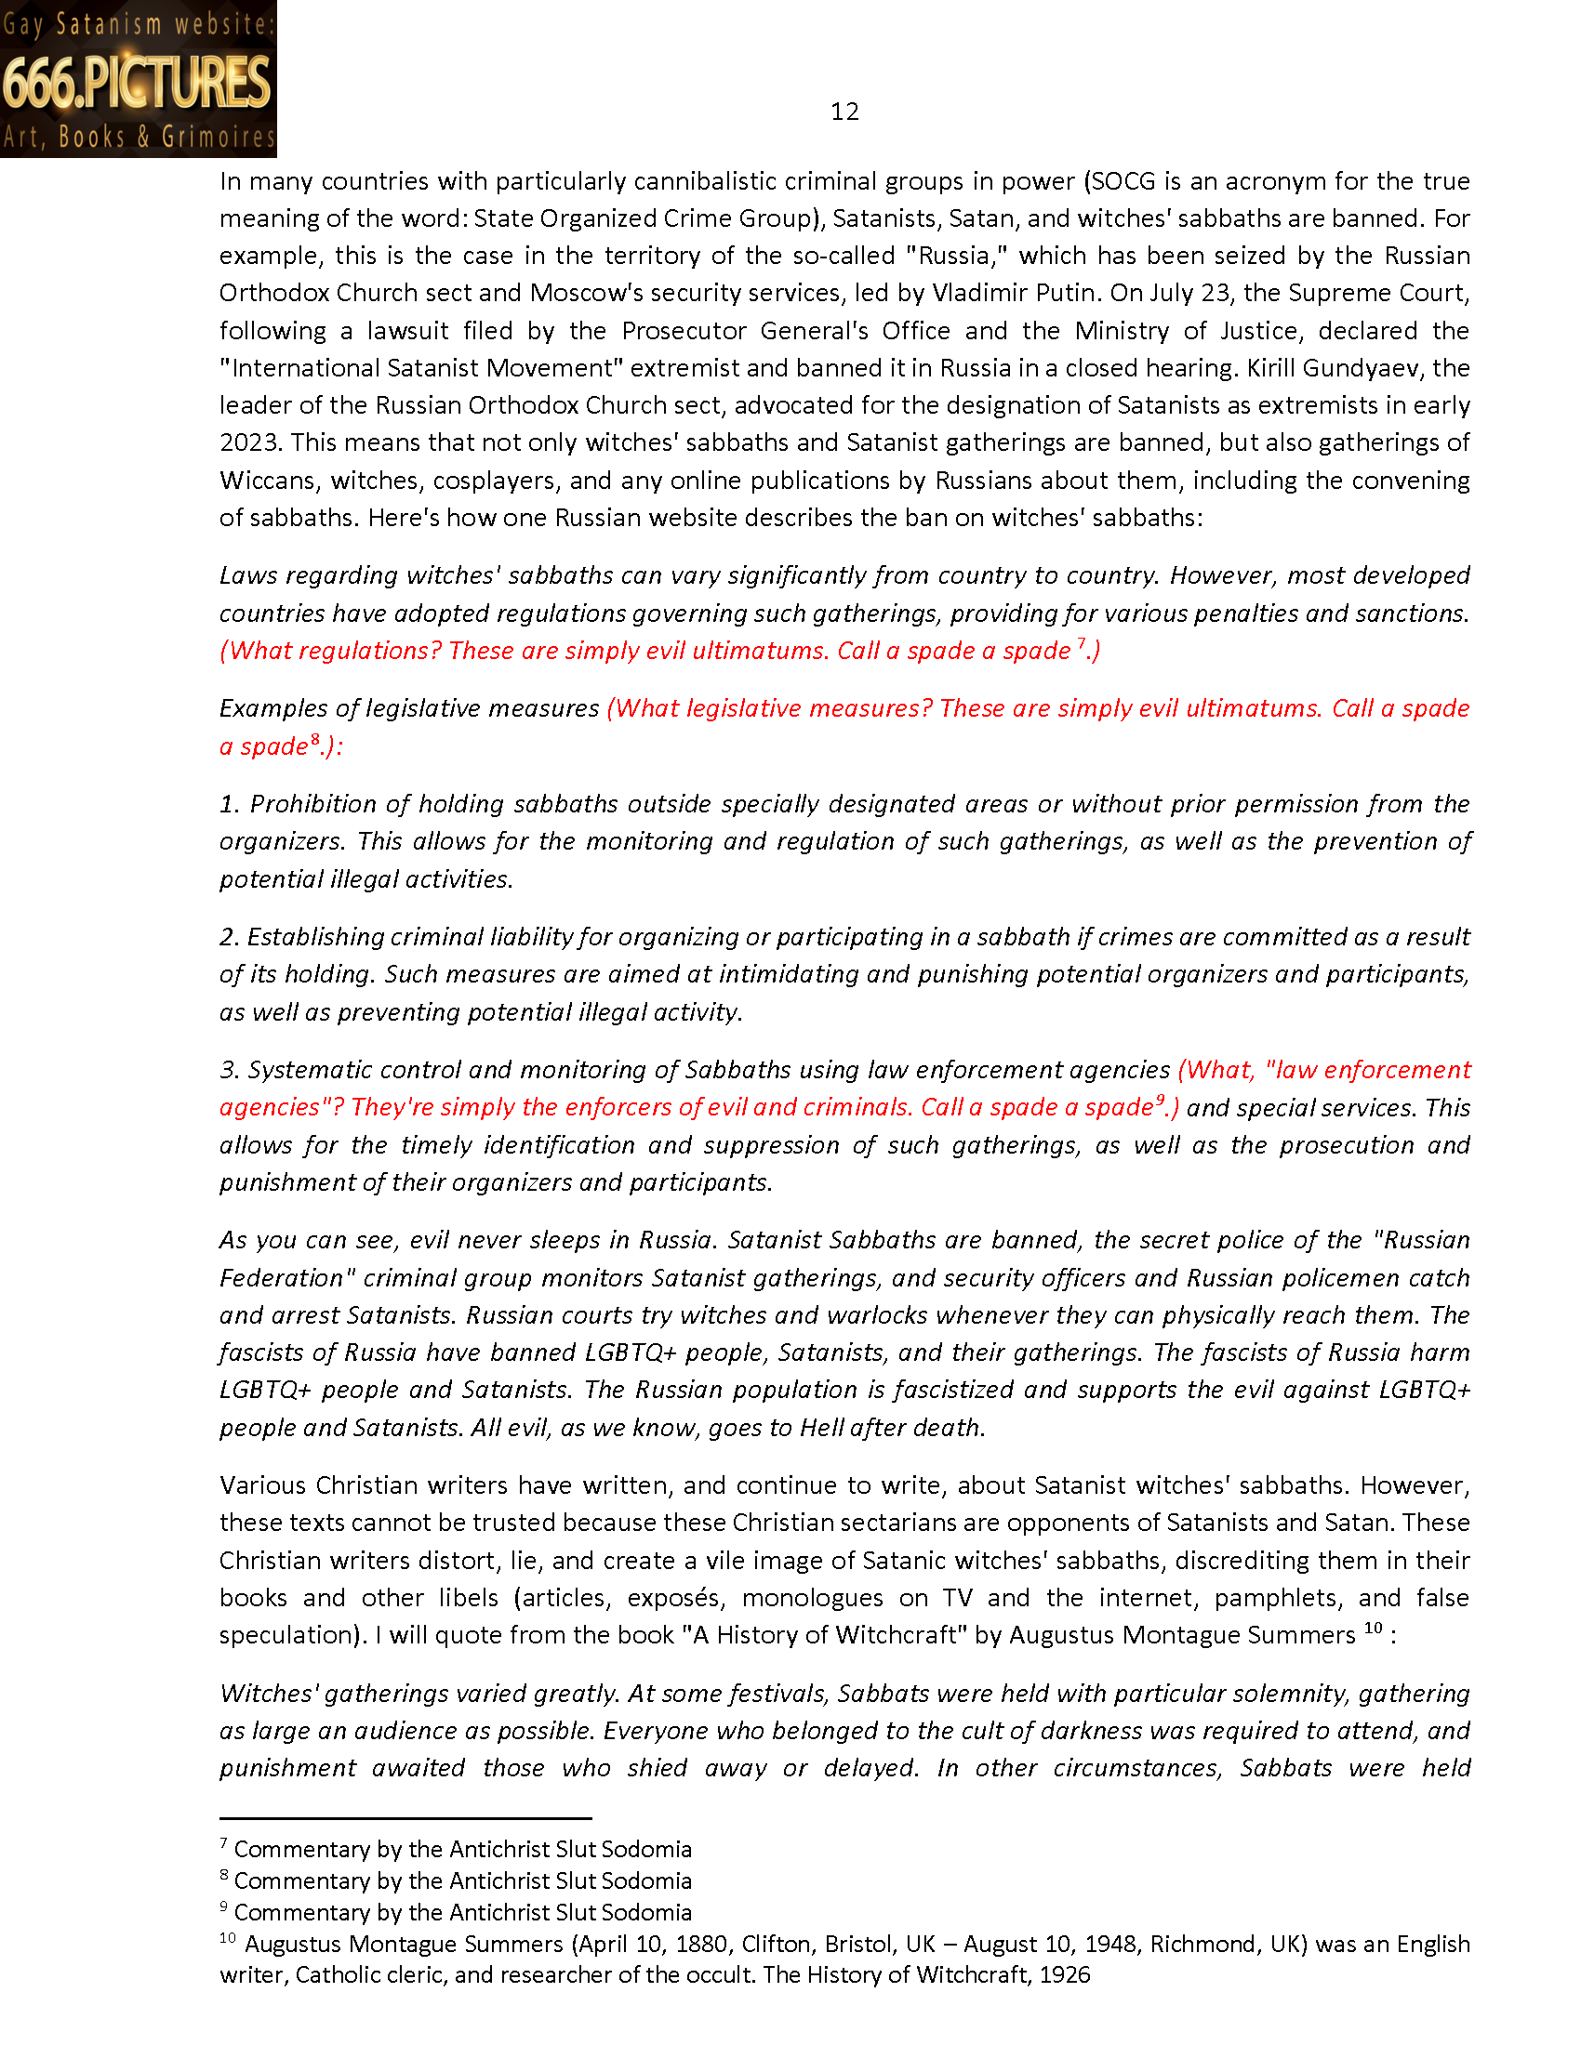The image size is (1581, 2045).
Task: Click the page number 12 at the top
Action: [844, 112]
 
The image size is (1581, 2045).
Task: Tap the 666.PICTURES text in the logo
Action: [137, 83]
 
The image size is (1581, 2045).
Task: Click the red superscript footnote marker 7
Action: [1081, 643]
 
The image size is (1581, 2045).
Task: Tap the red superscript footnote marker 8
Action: [315, 739]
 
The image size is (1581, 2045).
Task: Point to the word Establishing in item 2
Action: [314, 937]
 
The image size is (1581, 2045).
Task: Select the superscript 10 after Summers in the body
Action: [1372, 1629]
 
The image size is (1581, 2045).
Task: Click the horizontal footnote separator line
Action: [405, 1818]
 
